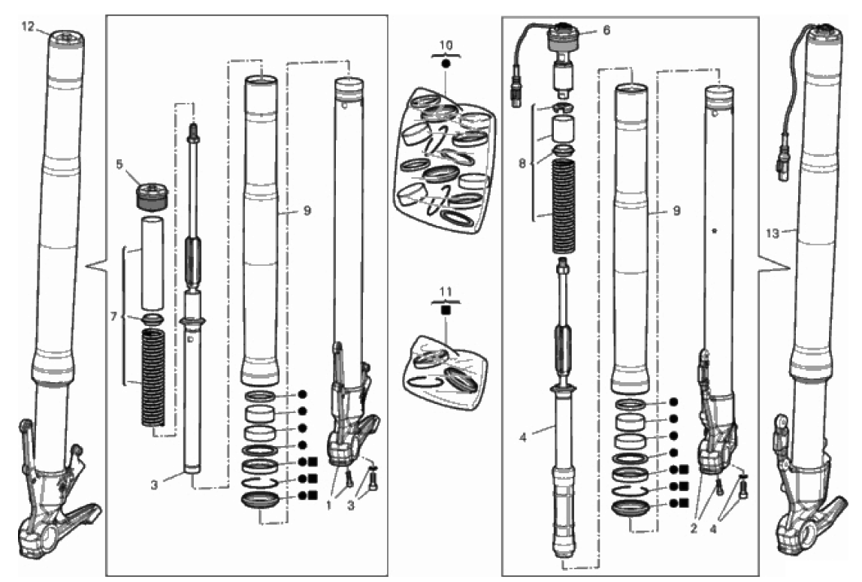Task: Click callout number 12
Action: [28, 26]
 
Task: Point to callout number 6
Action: [606, 30]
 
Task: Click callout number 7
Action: [112, 318]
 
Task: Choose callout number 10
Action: [446, 45]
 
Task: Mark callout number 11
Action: [446, 289]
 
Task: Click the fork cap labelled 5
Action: [151, 195]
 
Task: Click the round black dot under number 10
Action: [446, 65]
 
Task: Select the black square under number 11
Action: [446, 309]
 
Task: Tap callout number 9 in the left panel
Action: [307, 212]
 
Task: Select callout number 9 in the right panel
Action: [676, 212]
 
